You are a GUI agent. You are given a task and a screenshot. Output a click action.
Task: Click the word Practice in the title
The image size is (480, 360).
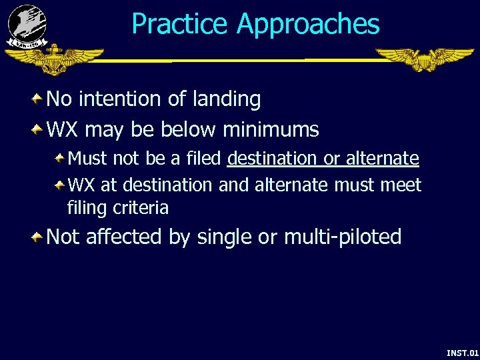pyautogui.click(x=180, y=25)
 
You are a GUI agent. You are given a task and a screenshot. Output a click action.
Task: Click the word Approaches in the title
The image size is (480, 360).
pyautogui.click(x=307, y=25)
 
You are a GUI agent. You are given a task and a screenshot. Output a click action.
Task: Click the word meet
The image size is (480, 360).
pyautogui.click(x=401, y=184)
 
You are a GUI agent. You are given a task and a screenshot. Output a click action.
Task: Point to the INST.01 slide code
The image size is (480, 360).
pyautogui.click(x=462, y=353)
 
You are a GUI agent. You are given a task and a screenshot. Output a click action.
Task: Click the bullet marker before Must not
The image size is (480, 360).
pyautogui.click(x=59, y=158)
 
